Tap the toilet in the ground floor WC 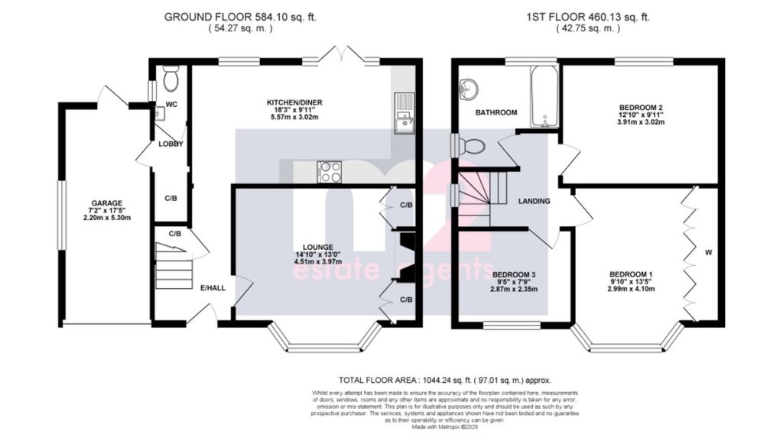coord(171,76)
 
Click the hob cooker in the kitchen coord(330,171)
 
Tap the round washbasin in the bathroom coord(467,89)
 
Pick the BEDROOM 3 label coord(514,274)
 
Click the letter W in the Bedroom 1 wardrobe coord(709,252)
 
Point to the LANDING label coord(534,202)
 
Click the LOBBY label coord(171,144)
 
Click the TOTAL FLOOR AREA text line coord(445,380)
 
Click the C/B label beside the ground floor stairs coord(175,233)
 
